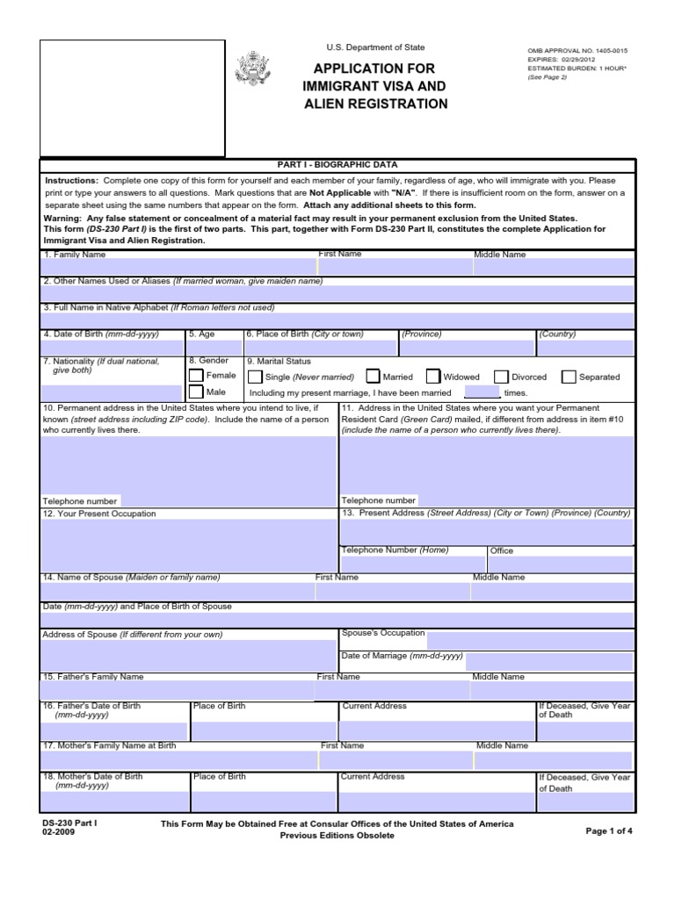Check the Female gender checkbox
click(195, 376)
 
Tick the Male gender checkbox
click(195, 392)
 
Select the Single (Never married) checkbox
click(254, 377)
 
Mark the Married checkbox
click(373, 377)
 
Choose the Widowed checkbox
click(432, 377)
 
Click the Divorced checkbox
click(501, 377)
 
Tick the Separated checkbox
click(569, 377)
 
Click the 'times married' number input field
click(481, 392)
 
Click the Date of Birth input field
click(112, 348)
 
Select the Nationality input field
click(112, 392)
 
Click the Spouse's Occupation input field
click(530, 637)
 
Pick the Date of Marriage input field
click(549, 659)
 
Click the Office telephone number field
click(560, 564)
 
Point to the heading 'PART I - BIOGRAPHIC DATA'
click(337, 164)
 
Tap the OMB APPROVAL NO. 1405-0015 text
click(577, 51)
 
